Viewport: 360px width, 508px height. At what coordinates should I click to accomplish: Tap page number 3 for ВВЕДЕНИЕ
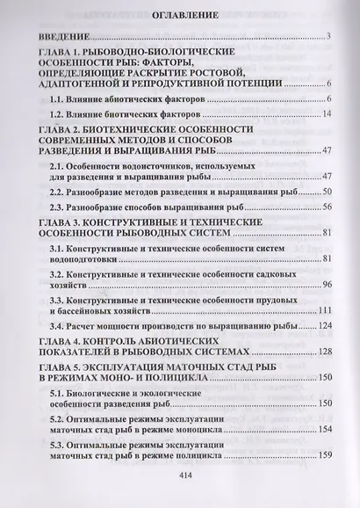(326, 36)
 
